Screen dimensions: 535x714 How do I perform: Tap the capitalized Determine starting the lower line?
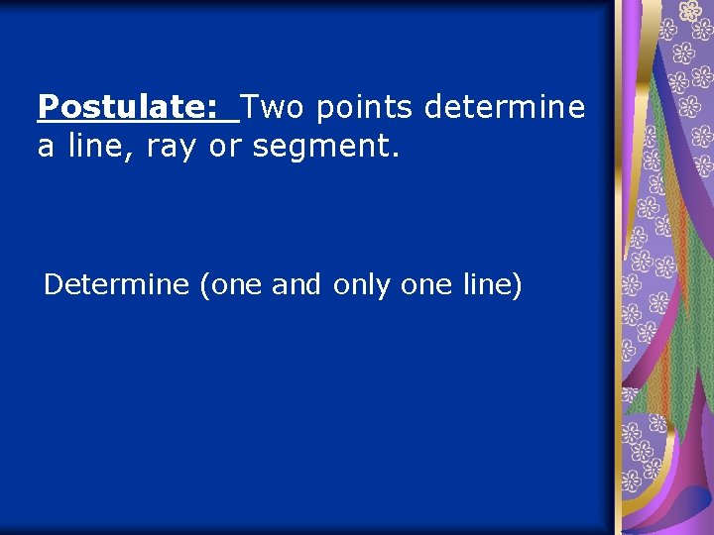tap(116, 285)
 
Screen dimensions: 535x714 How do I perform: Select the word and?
tap(296, 285)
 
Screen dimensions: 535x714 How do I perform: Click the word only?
tap(363, 285)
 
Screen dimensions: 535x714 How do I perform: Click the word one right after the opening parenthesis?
tap(236, 285)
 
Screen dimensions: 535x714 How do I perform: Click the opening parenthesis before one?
tap(204, 286)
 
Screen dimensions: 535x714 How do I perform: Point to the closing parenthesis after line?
tap(517, 286)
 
